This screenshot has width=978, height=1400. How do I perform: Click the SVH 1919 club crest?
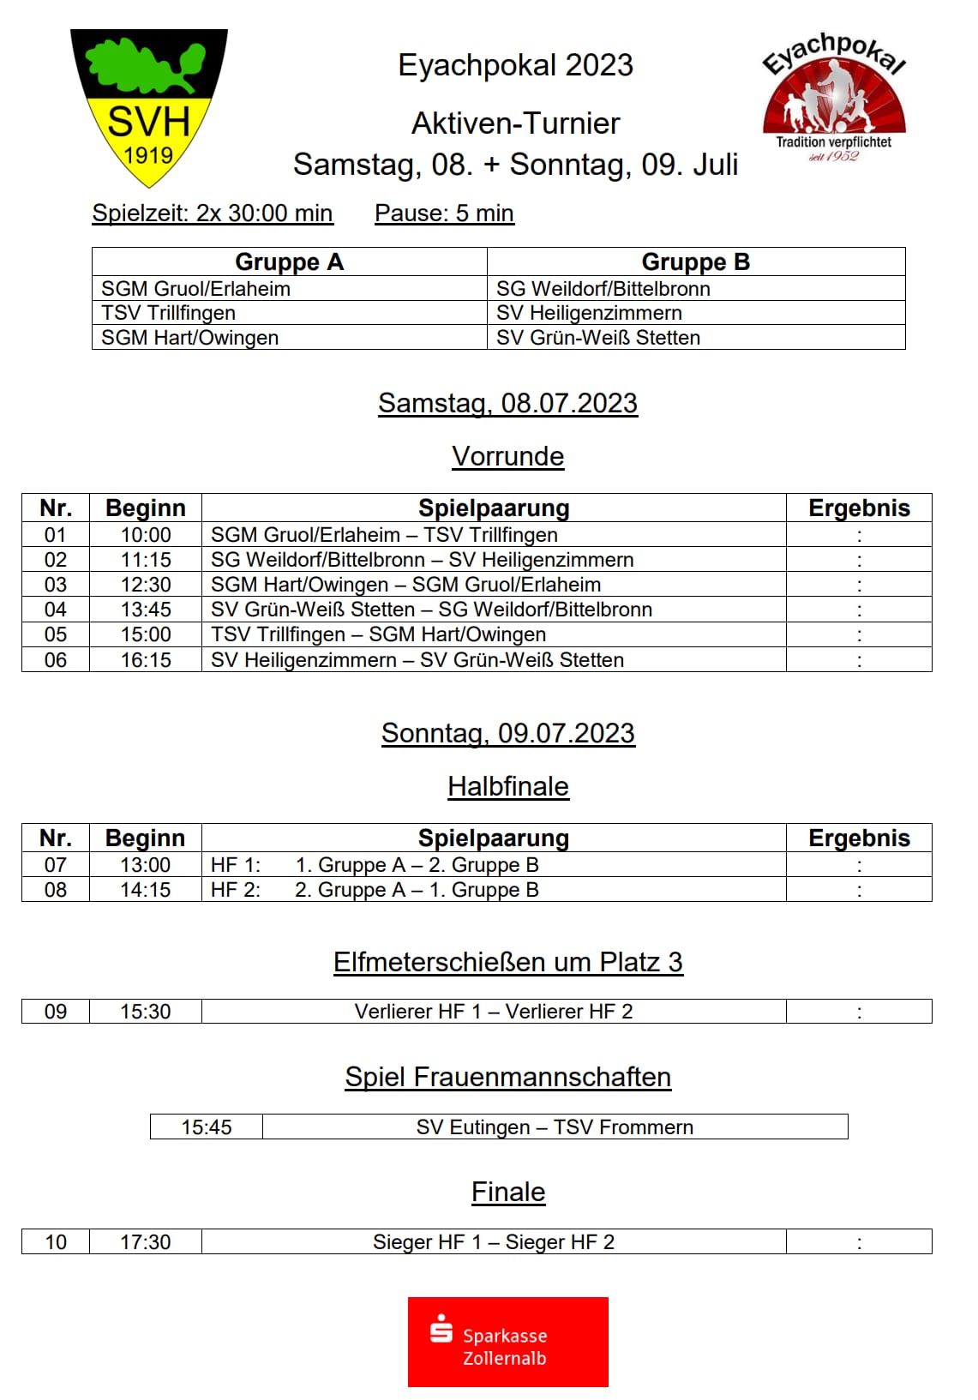(149, 107)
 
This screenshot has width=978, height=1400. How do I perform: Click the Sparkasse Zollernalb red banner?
(507, 1342)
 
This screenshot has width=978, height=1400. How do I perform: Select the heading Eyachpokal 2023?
(515, 65)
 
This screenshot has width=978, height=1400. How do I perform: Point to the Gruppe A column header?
(289, 261)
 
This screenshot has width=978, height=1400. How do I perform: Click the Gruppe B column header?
(695, 261)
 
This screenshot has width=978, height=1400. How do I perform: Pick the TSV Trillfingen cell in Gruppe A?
(168, 313)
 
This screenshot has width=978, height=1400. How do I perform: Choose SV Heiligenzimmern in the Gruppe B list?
(589, 313)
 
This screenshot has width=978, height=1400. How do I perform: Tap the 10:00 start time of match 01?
(146, 535)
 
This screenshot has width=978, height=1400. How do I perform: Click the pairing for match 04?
(431, 610)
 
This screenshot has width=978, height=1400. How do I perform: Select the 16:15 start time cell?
(146, 660)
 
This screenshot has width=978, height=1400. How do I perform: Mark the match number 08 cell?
(56, 890)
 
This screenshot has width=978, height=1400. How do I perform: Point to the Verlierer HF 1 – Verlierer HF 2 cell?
(494, 1012)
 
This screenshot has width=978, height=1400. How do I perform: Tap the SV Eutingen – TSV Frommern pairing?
(555, 1127)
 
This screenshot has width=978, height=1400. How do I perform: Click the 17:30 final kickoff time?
(146, 1242)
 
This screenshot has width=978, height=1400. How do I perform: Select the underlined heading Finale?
(508, 1192)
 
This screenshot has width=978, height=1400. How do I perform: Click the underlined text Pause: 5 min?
(444, 213)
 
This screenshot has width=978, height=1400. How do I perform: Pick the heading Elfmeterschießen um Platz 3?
(508, 962)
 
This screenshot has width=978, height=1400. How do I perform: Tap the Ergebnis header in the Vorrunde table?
(859, 508)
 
